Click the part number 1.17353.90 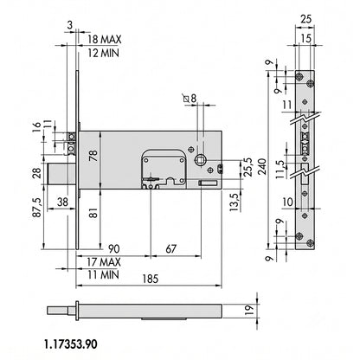tap(71, 344)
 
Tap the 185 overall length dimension tap(151, 279)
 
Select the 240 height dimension tap(263, 166)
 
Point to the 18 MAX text tap(105, 39)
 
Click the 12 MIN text tap(103, 53)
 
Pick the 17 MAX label tap(104, 262)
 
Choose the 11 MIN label tap(103, 274)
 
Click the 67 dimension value tap(170, 248)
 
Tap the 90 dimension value tap(113, 248)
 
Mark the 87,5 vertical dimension tap(36, 207)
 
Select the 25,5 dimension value tap(248, 167)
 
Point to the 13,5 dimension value tap(235, 202)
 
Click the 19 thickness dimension tap(250, 310)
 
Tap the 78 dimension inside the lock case tap(93, 156)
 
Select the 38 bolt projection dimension tap(62, 202)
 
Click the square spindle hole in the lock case tap(200, 159)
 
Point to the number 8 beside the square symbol tap(193, 99)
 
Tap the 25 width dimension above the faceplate tap(306, 19)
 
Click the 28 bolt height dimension tap(36, 173)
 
